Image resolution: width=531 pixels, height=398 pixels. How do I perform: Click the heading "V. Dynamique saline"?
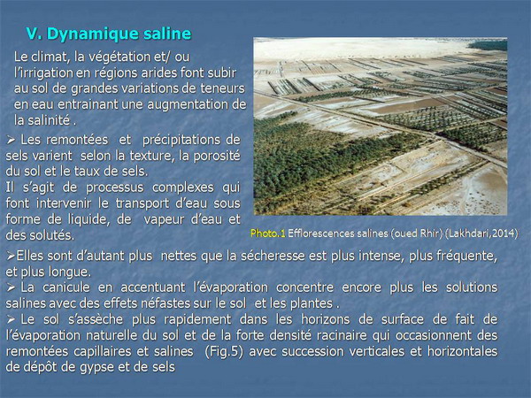tap(109, 34)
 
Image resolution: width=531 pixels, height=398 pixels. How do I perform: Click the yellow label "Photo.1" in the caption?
tap(267, 233)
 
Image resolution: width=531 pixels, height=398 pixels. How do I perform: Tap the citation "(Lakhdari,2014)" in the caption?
tap(481, 233)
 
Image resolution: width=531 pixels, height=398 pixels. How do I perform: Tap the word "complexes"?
tap(183, 188)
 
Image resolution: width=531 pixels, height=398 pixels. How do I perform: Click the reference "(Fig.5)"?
tap(224, 351)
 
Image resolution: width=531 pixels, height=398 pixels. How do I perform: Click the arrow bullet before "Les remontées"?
tap(11, 140)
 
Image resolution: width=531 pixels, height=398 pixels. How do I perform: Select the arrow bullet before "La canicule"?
tap(11, 287)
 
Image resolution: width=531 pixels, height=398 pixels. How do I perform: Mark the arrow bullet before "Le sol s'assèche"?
tap(11, 319)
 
